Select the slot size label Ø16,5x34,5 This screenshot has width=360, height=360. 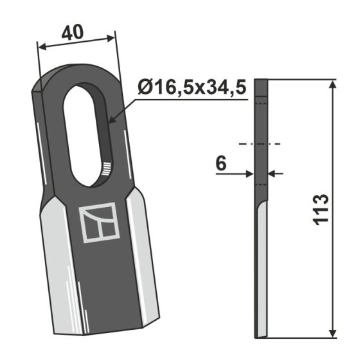192,88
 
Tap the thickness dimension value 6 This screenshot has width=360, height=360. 221,165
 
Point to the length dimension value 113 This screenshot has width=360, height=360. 321,208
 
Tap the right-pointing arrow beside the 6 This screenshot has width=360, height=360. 251,173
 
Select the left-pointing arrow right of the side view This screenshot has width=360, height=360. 272,173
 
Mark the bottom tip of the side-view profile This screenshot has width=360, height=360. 258,335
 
